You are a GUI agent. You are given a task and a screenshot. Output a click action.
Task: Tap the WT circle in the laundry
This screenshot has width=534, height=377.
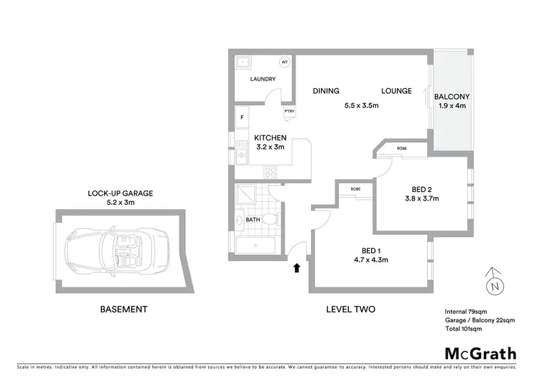coord(285,63)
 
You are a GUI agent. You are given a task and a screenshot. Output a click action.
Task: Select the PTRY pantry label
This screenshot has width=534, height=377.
coord(289,111)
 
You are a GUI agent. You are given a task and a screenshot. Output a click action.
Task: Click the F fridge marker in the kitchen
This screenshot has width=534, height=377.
coord(243,117)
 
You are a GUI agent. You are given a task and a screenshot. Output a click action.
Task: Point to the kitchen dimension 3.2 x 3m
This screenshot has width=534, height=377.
coord(271,147)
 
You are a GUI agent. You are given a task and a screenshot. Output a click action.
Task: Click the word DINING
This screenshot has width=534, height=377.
coord(326,91)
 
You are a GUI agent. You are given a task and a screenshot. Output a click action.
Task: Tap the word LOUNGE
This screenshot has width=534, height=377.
coord(397,91)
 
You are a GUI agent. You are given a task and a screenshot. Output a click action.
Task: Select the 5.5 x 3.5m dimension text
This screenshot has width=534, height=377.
coord(361,105)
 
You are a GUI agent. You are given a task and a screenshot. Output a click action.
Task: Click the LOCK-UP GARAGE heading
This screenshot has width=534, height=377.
coord(120,193)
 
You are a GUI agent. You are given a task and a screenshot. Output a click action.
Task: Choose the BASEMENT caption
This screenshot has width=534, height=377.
coord(123,309)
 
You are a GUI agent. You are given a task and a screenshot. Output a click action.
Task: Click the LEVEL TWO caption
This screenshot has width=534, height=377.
coord(350,309)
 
